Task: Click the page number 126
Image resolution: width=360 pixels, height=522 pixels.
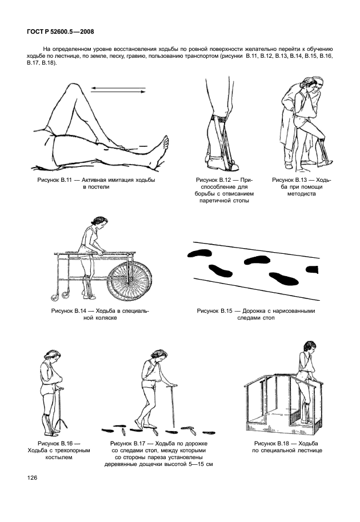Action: (32, 478)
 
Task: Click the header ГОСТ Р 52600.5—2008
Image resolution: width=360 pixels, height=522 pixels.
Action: (60, 32)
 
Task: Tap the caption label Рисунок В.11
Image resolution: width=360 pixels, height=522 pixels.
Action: (53, 180)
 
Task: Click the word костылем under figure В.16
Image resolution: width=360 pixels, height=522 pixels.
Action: (58, 457)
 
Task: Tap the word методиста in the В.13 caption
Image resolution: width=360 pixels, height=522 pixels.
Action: (302, 194)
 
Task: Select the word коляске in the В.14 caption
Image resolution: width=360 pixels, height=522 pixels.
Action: (105, 318)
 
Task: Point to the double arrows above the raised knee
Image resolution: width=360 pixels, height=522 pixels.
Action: (118, 90)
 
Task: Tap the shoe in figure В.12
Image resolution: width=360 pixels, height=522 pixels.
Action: (220, 164)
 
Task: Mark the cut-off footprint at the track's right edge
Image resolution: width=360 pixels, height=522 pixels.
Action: (312, 269)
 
